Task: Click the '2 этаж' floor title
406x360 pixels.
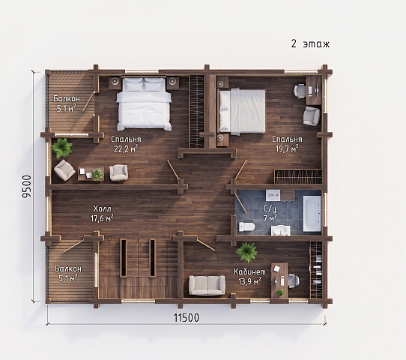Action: (x=310, y=44)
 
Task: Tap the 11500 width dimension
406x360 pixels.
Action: (x=187, y=318)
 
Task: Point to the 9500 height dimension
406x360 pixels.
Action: (x=27, y=187)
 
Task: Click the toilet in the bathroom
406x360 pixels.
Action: (x=246, y=226)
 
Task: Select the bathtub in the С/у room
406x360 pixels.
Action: (x=312, y=213)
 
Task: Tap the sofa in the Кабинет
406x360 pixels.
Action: (x=207, y=285)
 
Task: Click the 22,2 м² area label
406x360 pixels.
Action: (x=126, y=148)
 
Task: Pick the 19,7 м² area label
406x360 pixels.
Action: (x=287, y=148)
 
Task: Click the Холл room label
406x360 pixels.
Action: (x=102, y=208)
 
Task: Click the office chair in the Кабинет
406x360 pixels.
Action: (x=294, y=280)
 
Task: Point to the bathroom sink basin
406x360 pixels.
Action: (x=280, y=230)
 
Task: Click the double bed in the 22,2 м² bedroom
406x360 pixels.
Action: (x=144, y=103)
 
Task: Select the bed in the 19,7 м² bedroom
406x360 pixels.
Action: (x=242, y=112)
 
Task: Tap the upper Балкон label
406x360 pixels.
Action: (x=67, y=99)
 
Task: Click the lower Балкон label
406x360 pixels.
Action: (x=68, y=268)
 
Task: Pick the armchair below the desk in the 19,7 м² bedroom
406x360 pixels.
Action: (x=312, y=116)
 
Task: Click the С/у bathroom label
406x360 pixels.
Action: (x=270, y=209)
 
